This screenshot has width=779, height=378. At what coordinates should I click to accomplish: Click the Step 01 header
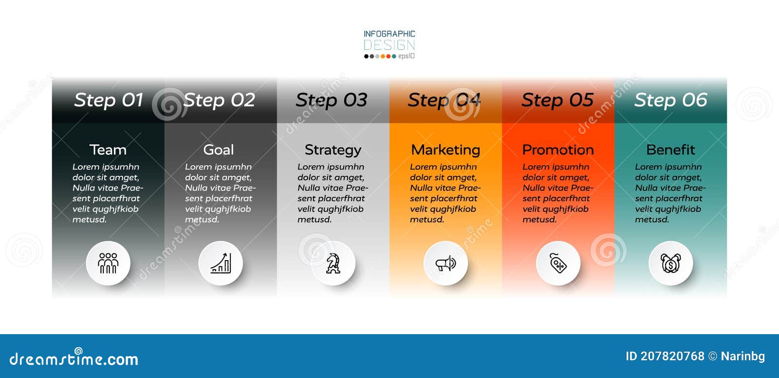click(109, 100)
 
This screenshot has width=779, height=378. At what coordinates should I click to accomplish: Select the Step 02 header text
click(219, 100)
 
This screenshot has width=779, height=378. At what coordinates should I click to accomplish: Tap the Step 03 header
click(332, 100)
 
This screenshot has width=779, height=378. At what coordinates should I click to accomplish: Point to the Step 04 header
click(444, 100)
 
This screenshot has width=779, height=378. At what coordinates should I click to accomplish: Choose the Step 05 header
click(557, 100)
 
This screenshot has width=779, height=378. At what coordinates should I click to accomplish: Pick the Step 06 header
click(670, 100)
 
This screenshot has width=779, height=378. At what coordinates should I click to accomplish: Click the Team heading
click(108, 150)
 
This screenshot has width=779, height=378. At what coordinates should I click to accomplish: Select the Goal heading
click(219, 150)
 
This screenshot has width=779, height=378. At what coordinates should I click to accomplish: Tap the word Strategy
click(333, 150)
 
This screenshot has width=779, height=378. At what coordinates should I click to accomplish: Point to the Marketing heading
click(445, 150)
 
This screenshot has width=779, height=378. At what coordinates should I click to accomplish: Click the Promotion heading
click(558, 150)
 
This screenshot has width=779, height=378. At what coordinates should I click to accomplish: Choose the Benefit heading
click(670, 150)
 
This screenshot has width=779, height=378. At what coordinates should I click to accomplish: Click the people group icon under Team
click(108, 264)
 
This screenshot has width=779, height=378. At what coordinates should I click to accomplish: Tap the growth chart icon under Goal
click(221, 264)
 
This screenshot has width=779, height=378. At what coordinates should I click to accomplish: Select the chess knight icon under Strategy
click(333, 264)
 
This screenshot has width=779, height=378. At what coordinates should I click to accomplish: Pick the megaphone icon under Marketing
click(445, 264)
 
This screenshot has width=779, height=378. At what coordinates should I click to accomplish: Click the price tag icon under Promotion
click(558, 264)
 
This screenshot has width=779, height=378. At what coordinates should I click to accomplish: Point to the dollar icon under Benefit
click(670, 264)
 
